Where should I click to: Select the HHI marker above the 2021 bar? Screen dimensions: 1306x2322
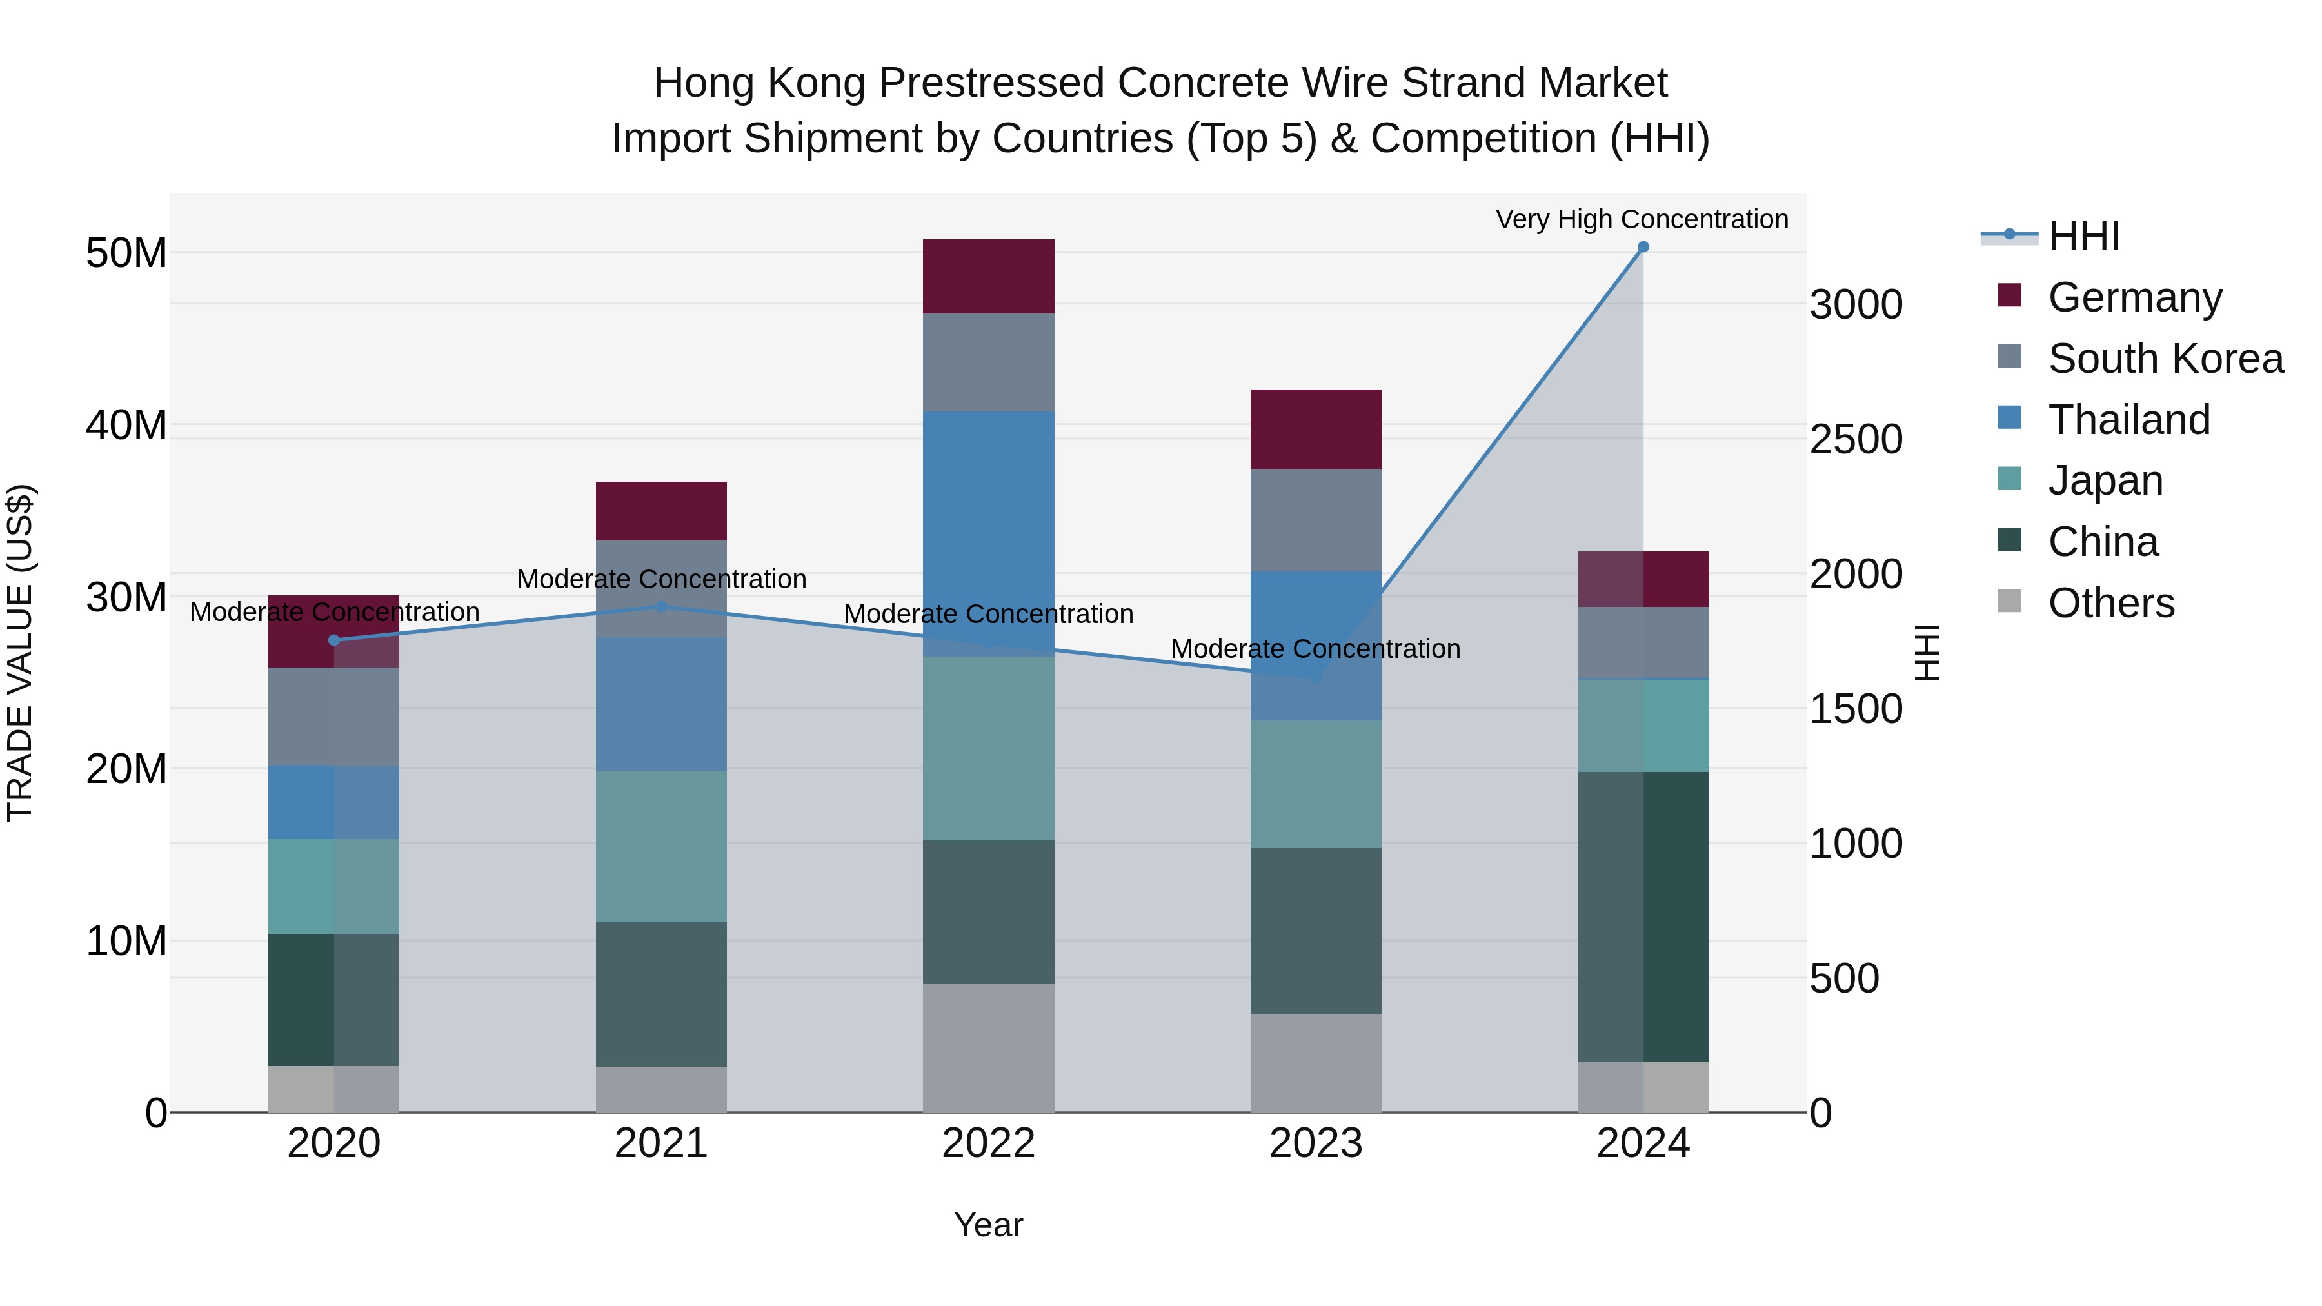(662, 607)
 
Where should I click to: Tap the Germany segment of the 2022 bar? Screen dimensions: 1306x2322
(988, 277)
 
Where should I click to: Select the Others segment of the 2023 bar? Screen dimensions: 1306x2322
(1315, 1063)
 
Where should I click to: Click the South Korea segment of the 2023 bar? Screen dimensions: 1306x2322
(1315, 519)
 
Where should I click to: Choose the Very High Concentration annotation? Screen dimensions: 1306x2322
(1642, 219)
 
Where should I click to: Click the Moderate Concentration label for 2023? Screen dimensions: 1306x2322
(1315, 649)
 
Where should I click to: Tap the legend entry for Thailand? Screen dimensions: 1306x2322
(2128, 420)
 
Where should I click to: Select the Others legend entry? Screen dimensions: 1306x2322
(2110, 603)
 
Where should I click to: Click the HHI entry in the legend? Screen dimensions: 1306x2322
(2083, 236)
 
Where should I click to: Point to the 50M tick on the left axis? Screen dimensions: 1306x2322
(126, 253)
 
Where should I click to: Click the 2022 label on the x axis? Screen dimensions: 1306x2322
(988, 1143)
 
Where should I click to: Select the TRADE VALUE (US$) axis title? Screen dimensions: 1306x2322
(20, 653)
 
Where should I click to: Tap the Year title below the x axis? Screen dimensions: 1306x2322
(988, 1225)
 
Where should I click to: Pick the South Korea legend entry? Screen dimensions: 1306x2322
(2165, 359)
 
